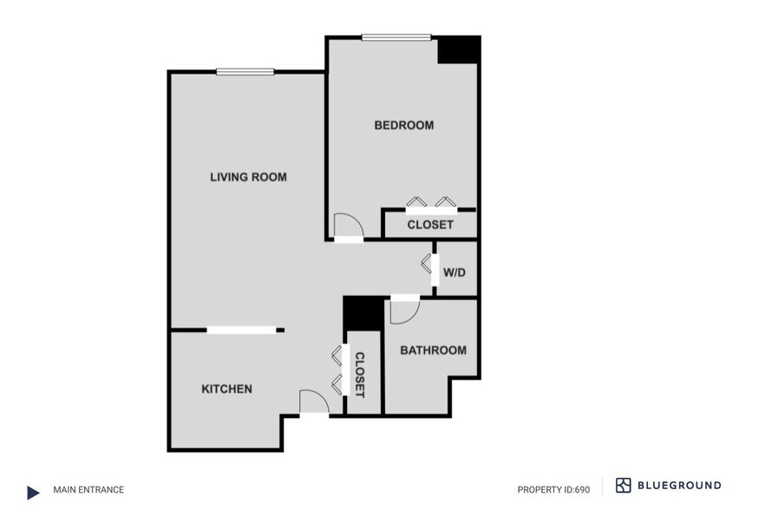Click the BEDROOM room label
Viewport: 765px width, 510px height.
[x=403, y=126]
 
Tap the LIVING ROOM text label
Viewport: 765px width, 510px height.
[x=248, y=178]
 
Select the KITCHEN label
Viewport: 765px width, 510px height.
[x=226, y=389]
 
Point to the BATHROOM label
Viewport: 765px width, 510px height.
[x=432, y=351]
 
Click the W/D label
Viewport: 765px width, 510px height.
[x=454, y=273]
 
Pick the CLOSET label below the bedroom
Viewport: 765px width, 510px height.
[x=430, y=226]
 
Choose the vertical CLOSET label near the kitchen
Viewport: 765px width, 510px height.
[x=359, y=375]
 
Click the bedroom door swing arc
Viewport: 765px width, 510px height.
[x=346, y=225]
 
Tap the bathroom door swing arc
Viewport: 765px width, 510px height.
[x=404, y=311]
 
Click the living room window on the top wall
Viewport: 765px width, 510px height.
[x=245, y=72]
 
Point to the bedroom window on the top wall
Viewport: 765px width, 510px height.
[x=396, y=37]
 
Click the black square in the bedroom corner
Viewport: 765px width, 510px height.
[x=458, y=49]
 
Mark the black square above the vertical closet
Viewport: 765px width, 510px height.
[x=363, y=313]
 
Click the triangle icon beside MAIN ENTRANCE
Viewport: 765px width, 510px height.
[x=33, y=493]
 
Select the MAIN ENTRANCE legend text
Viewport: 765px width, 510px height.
[x=88, y=490]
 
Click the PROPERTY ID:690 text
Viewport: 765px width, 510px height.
[x=553, y=490]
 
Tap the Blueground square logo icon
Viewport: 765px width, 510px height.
[x=624, y=486]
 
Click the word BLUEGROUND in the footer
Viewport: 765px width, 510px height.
[x=681, y=486]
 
